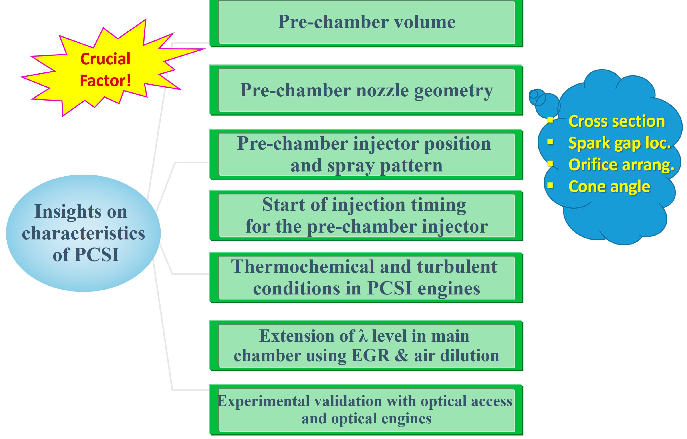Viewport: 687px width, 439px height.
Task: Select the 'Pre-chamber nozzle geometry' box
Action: (366, 90)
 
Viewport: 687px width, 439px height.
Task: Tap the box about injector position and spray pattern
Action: (366, 154)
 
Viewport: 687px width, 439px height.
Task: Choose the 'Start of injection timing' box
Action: (366, 215)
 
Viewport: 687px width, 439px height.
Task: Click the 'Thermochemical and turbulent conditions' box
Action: (366, 277)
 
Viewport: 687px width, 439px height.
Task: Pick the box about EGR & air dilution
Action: (366, 346)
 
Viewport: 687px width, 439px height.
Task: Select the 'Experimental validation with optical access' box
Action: (366, 410)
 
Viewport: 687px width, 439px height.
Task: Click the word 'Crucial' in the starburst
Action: (105, 59)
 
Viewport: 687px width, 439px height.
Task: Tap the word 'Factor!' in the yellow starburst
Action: (105, 81)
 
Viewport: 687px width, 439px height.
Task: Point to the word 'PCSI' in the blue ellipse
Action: (97, 255)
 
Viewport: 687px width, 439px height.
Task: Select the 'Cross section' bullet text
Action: (616, 121)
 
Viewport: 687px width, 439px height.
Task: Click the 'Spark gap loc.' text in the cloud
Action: (619, 143)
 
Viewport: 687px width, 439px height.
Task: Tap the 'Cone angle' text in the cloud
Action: (609, 187)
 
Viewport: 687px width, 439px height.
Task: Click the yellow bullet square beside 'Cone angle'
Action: (550, 186)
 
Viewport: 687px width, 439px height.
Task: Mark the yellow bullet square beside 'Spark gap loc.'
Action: (550, 142)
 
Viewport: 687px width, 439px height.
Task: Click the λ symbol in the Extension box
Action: (363, 336)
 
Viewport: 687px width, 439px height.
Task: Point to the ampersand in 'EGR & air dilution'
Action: (402, 356)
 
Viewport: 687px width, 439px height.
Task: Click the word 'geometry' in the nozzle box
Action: (453, 91)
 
